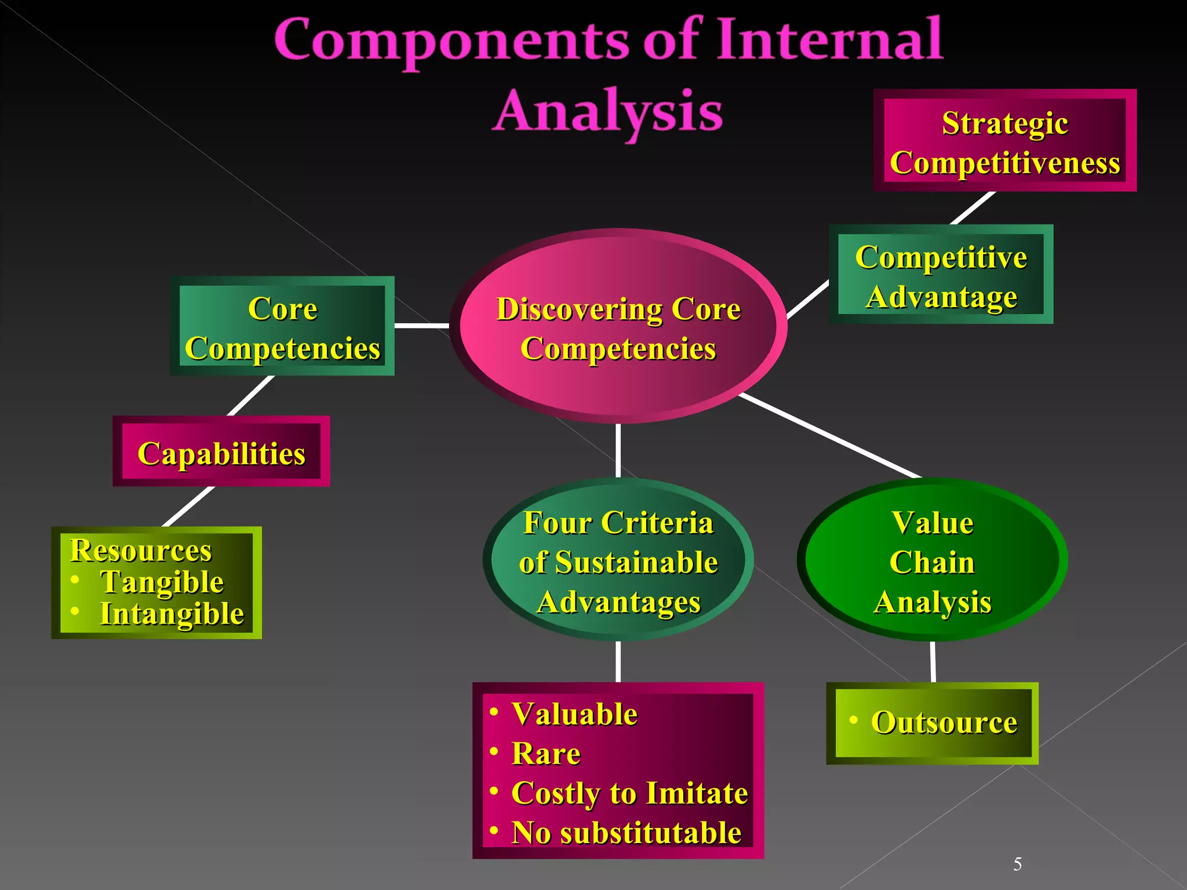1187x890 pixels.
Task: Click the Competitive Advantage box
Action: click(x=941, y=275)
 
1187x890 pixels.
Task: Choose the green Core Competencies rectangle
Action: click(x=282, y=327)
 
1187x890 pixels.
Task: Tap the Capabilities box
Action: click(x=221, y=452)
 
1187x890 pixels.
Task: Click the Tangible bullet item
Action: click(x=162, y=582)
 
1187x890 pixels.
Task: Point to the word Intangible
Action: click(x=172, y=614)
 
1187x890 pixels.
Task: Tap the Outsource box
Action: click(x=943, y=723)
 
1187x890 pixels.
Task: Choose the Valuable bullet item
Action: click(x=574, y=714)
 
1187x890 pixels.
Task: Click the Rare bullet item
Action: click(x=545, y=753)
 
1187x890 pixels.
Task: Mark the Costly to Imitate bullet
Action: click(x=629, y=793)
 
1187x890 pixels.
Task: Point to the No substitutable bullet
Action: click(x=626, y=833)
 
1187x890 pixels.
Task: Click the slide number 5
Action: click(x=1017, y=865)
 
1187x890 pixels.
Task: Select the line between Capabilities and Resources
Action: click(x=189, y=506)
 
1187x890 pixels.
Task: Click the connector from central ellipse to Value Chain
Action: click(x=829, y=436)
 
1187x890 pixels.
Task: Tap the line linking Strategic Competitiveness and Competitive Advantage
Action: click(x=973, y=208)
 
